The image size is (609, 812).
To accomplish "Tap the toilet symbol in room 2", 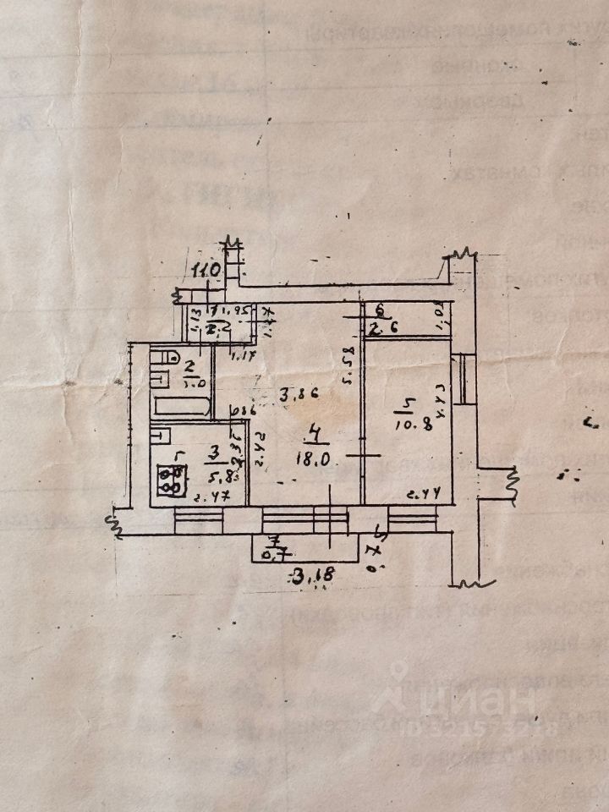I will click(x=160, y=370).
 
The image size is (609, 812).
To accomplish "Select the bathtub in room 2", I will click(x=181, y=406).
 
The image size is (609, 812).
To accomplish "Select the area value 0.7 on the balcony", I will click(x=272, y=555).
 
